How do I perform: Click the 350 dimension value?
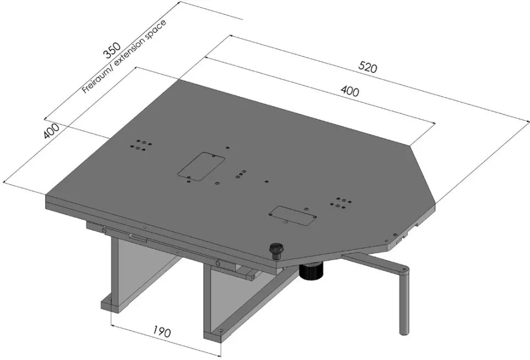coord(112,52)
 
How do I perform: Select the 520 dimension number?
coord(367,68)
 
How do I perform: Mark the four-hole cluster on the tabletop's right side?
coord(338,203)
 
